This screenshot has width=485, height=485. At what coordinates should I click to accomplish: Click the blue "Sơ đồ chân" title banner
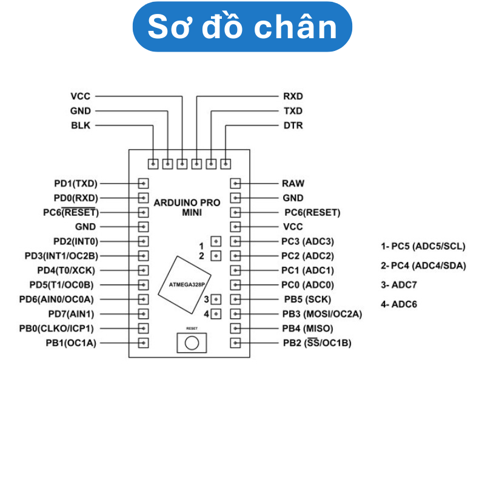[x=242, y=27]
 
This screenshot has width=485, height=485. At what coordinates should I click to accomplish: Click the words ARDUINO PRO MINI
[x=187, y=207]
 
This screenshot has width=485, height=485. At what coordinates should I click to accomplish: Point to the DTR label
[x=293, y=125]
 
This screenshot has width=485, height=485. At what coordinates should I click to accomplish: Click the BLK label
[x=81, y=125]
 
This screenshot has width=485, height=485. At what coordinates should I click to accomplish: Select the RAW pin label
[x=293, y=183]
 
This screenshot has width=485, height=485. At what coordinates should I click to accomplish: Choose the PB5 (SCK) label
[x=307, y=299]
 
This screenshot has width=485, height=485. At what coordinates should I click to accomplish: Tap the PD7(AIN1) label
[x=76, y=314]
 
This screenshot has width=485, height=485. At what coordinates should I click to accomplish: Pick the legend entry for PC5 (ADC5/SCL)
[x=423, y=246]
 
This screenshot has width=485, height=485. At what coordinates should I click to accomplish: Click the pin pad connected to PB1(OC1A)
[x=144, y=343]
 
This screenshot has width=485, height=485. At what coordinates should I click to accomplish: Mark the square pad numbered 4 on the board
[x=216, y=314]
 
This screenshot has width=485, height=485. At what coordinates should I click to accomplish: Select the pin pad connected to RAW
[x=236, y=183]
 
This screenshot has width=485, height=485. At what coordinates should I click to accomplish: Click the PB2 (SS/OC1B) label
[x=317, y=343]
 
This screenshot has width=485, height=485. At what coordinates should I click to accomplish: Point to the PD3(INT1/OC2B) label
[x=61, y=256]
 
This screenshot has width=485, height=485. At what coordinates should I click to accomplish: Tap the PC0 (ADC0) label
[x=307, y=285]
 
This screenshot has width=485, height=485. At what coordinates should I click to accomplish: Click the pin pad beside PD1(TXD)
[x=144, y=183]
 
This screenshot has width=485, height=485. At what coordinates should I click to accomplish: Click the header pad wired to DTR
[x=226, y=164]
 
